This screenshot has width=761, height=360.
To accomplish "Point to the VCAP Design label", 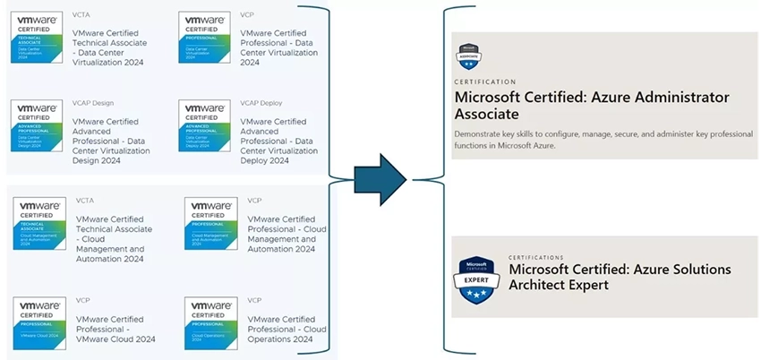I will [x=93, y=103].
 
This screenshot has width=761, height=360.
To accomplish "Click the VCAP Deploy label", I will [x=261, y=103].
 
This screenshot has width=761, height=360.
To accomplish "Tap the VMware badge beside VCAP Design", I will [x=37, y=126].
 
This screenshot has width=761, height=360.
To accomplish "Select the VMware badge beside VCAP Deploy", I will [x=205, y=126].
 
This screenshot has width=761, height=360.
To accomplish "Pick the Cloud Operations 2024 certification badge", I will [x=211, y=322].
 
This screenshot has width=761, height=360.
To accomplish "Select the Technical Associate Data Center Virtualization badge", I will [x=37, y=37].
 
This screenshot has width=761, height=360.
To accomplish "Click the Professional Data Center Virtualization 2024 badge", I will [x=205, y=37].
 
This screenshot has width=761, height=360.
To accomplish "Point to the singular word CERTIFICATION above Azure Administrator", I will [x=486, y=81].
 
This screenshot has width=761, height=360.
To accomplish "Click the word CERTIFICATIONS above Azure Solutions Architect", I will [x=536, y=257].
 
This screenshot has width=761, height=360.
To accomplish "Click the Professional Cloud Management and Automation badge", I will [x=211, y=223].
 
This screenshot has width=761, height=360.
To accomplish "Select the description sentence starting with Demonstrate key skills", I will [x=603, y=139].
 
